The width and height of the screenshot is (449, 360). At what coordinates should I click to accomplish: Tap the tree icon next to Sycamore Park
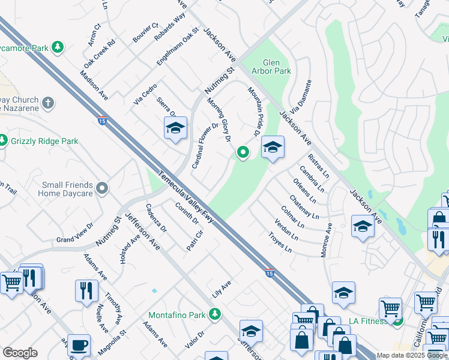(58, 46)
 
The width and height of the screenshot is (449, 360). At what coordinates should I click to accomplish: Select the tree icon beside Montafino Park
(214, 314)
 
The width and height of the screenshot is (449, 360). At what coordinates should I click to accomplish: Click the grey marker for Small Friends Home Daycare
(102, 189)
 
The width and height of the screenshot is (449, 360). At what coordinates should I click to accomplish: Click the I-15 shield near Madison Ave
(102, 121)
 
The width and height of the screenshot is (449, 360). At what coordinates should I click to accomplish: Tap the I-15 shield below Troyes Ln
(270, 273)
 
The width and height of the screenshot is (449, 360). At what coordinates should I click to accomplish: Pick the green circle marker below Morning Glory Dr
(243, 154)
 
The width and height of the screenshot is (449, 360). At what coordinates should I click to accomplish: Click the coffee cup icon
(79, 346)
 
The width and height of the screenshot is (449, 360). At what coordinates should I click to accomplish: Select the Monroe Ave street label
(327, 241)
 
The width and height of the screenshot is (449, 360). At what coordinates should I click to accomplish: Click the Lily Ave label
(221, 289)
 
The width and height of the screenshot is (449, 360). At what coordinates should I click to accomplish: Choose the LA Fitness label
(366, 322)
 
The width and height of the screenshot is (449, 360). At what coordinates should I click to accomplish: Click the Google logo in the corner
(20, 352)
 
